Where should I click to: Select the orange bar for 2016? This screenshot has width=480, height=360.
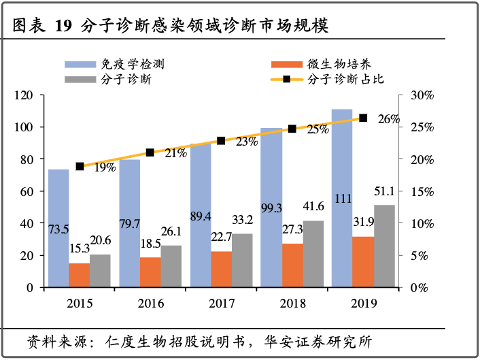[x=150, y=272]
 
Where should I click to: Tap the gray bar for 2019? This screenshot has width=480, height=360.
[x=384, y=246]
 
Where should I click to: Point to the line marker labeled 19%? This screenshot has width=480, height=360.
[x=80, y=166]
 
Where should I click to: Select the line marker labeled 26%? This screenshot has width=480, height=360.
[x=363, y=118]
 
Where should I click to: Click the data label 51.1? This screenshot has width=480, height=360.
[x=384, y=192]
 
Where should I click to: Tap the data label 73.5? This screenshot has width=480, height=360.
[x=58, y=229]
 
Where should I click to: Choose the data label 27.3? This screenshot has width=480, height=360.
[x=292, y=230]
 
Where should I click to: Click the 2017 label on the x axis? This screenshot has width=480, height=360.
[x=221, y=301]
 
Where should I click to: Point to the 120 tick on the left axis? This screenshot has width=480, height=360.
[x=25, y=95]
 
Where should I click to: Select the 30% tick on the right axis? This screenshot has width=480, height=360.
[x=422, y=95]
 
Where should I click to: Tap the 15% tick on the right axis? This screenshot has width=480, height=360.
[x=422, y=191]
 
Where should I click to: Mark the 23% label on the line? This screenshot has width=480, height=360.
[x=246, y=142]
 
